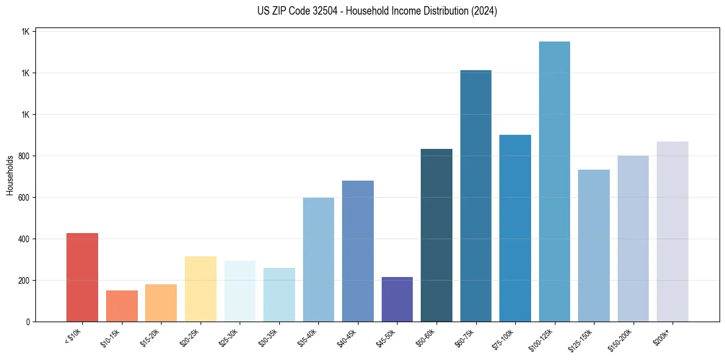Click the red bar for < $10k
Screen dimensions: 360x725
coord(82,278)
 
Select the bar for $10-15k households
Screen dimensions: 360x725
coord(121,306)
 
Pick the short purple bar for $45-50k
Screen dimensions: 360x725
coord(397,299)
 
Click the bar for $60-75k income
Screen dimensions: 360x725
coord(476,196)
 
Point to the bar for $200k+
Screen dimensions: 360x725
coord(673,231)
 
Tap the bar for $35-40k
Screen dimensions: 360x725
coord(318,259)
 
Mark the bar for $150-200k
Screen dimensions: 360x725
coord(633,239)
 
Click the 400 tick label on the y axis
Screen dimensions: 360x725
coord(24,239)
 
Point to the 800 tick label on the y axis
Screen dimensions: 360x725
coord(24,156)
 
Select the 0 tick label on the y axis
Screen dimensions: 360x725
coord(28,322)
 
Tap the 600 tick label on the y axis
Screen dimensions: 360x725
coord(24,198)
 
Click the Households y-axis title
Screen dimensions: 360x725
coord(10,175)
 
